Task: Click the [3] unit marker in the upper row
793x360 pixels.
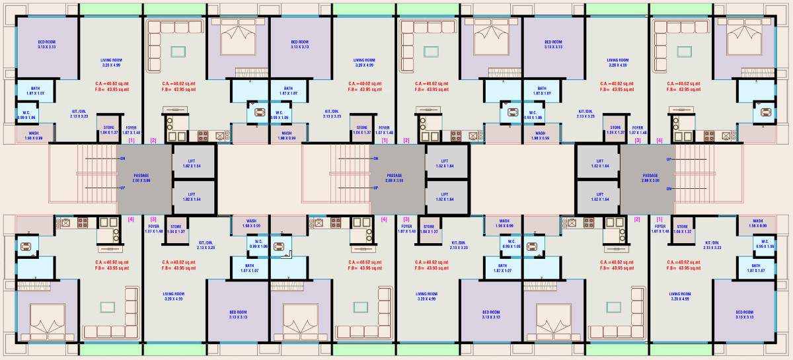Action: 638,141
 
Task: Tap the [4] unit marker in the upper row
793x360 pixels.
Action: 659,141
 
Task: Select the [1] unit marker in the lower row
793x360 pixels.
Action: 659,219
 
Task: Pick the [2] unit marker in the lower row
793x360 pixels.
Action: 637,219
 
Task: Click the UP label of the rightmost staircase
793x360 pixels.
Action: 669,159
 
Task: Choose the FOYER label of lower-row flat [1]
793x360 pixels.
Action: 660,229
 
